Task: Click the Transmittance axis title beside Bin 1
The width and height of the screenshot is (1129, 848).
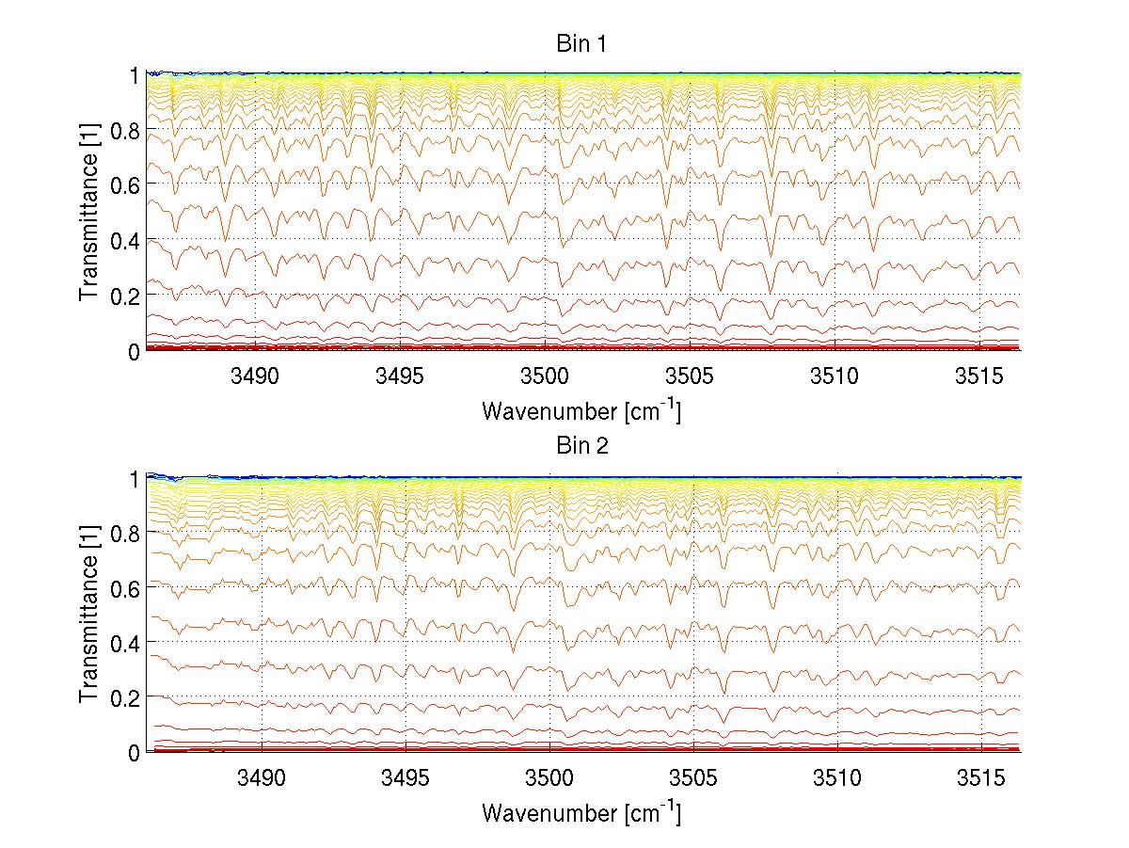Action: pos(89,213)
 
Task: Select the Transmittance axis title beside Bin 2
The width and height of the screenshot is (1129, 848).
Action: pos(89,615)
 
